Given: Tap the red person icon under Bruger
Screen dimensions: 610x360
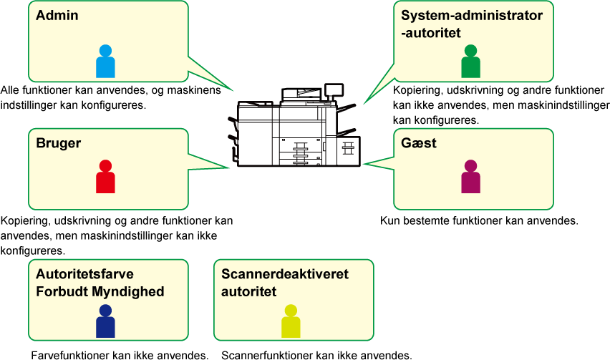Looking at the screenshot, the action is [105, 177].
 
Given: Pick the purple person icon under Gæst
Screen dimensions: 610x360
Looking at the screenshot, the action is [470, 177].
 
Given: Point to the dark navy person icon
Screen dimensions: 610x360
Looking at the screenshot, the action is [105, 321].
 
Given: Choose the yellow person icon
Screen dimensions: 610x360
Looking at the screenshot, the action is [291, 321].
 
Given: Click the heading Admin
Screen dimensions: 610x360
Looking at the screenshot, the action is [57, 15].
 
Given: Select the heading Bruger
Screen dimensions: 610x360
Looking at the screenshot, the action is [59, 143].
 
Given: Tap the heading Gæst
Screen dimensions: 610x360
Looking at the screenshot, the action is [419, 143].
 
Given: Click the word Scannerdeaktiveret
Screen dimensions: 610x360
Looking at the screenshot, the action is [285, 274].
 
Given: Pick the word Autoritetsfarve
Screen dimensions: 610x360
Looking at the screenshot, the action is [84, 274].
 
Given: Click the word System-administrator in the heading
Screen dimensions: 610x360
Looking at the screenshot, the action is [472, 16].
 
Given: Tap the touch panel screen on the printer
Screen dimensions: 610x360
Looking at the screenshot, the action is [334, 89].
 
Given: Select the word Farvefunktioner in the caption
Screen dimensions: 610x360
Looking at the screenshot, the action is [70, 355].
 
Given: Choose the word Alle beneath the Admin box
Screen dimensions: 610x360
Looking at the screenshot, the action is [10, 90].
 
